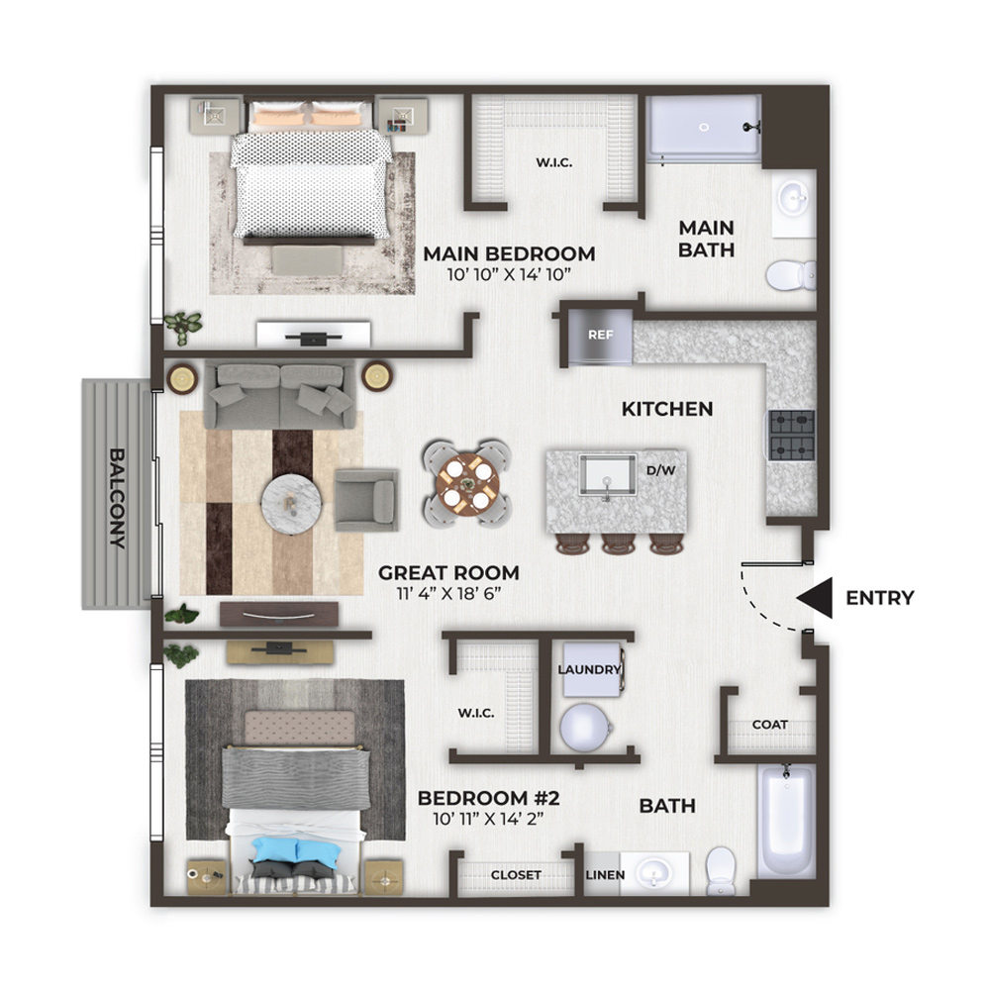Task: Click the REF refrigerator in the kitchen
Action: coord(600,337)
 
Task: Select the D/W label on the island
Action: coord(661,470)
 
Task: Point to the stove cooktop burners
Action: coord(792,435)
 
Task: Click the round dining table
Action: coord(467,484)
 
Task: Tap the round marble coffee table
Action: coord(292,505)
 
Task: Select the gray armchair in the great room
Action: coord(366,500)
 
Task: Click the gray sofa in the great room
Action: coord(280,395)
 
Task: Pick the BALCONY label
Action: coord(118,498)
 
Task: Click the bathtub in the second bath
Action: coord(786,820)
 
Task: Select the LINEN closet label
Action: coord(605,875)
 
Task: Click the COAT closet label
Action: coord(769,725)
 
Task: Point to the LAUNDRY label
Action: coord(589,669)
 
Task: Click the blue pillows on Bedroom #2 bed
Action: coord(296,849)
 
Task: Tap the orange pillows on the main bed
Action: coord(309,118)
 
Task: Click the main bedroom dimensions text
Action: coord(509,274)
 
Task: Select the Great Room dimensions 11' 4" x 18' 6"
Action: coord(448,593)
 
